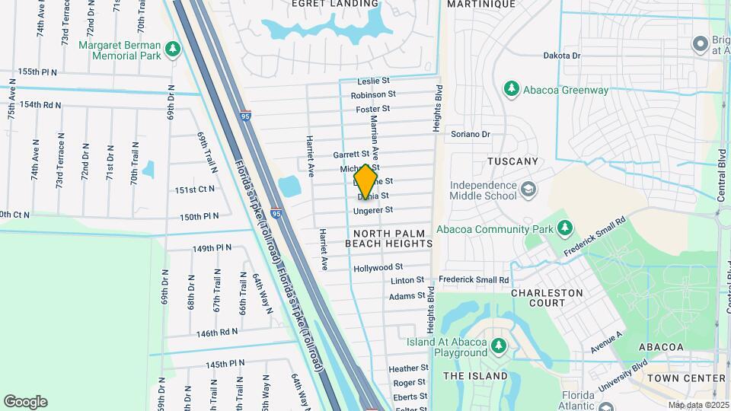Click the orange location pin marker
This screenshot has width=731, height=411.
click(x=366, y=182)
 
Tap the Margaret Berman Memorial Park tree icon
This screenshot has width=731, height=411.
click(x=173, y=49)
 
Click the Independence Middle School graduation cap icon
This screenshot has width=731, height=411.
click(x=527, y=189)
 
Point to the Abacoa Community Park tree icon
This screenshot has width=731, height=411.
click(x=564, y=228)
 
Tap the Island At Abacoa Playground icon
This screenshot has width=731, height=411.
click(x=500, y=346)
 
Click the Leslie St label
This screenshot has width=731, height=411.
click(x=374, y=80)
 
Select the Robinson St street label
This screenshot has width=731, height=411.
click(x=373, y=94)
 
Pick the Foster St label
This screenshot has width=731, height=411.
click(x=373, y=109)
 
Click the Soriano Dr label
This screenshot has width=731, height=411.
click(x=471, y=134)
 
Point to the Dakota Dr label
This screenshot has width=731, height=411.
click(x=562, y=56)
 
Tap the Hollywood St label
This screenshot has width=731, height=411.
click(x=378, y=267)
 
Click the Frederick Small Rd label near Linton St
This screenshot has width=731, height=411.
click(x=473, y=280)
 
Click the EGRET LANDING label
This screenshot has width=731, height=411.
click(x=335, y=4)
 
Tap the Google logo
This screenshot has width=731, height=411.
click(x=25, y=401)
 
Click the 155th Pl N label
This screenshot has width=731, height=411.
click(x=38, y=72)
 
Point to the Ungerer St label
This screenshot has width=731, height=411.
click(x=373, y=209)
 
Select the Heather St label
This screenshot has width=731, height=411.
click(x=408, y=368)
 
